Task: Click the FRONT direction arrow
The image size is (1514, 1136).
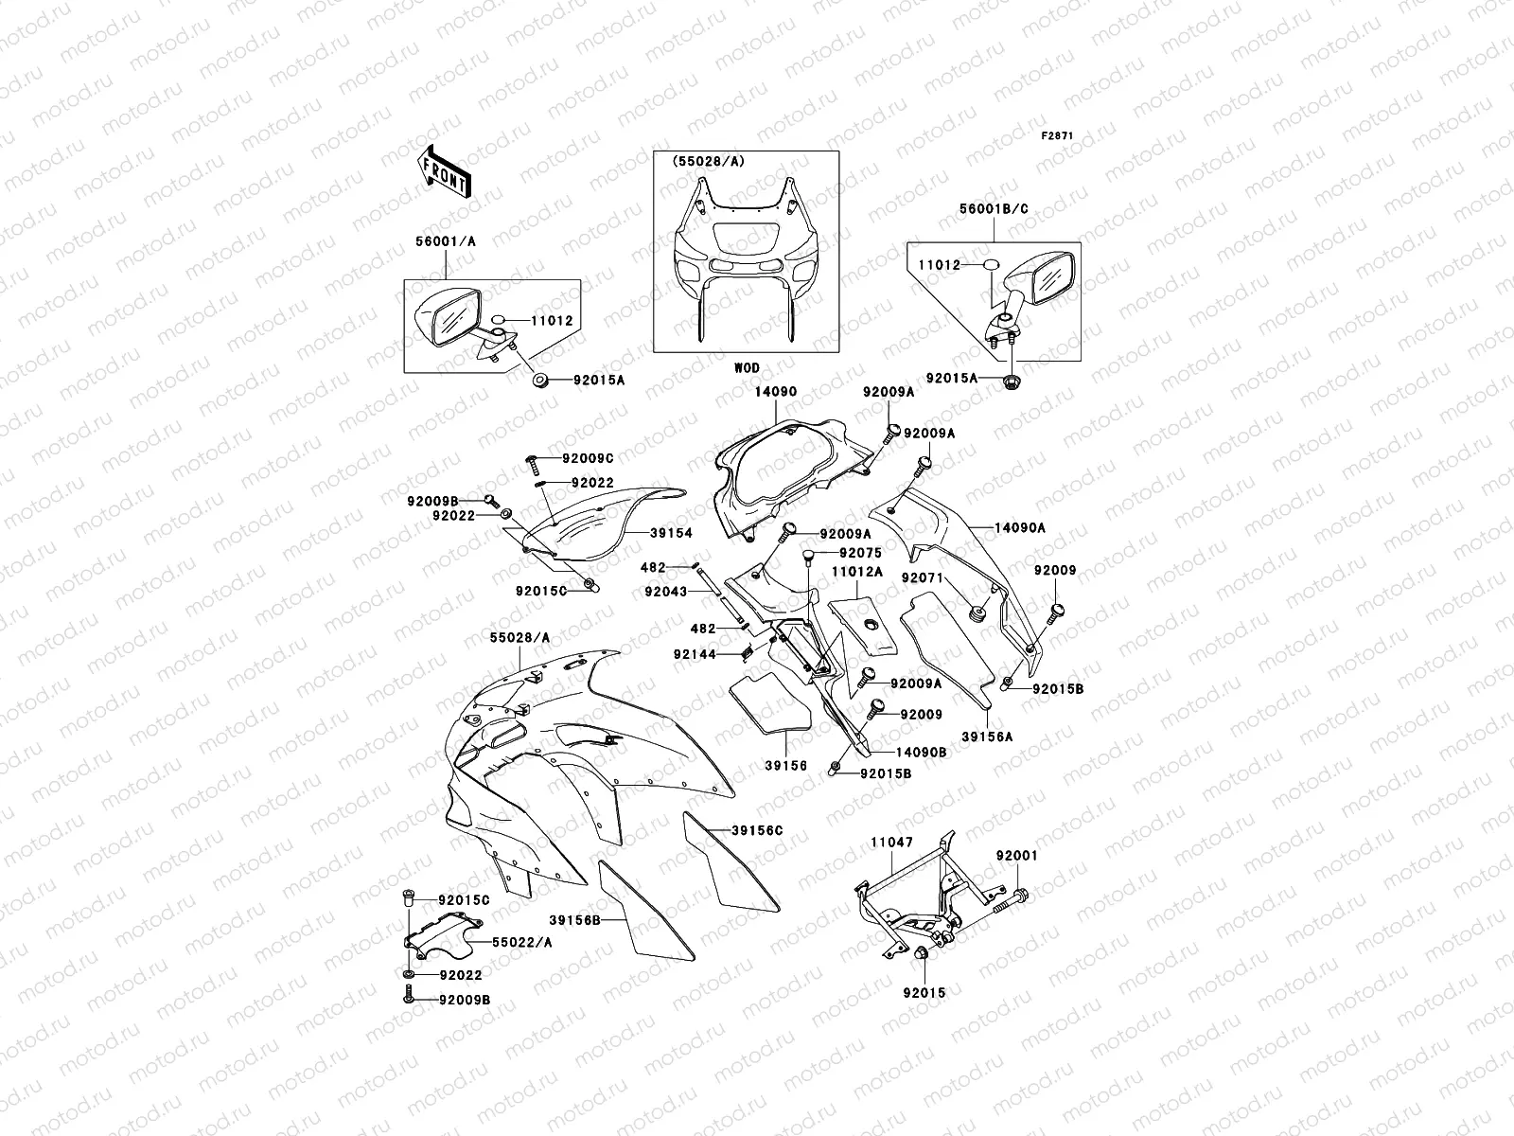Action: (444, 171)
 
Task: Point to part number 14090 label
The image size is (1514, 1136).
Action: (775, 391)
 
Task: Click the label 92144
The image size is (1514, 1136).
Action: (694, 653)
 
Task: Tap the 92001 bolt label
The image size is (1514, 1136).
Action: (1016, 855)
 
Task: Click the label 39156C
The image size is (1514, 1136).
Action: (757, 830)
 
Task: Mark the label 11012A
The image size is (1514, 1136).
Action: (857, 572)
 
